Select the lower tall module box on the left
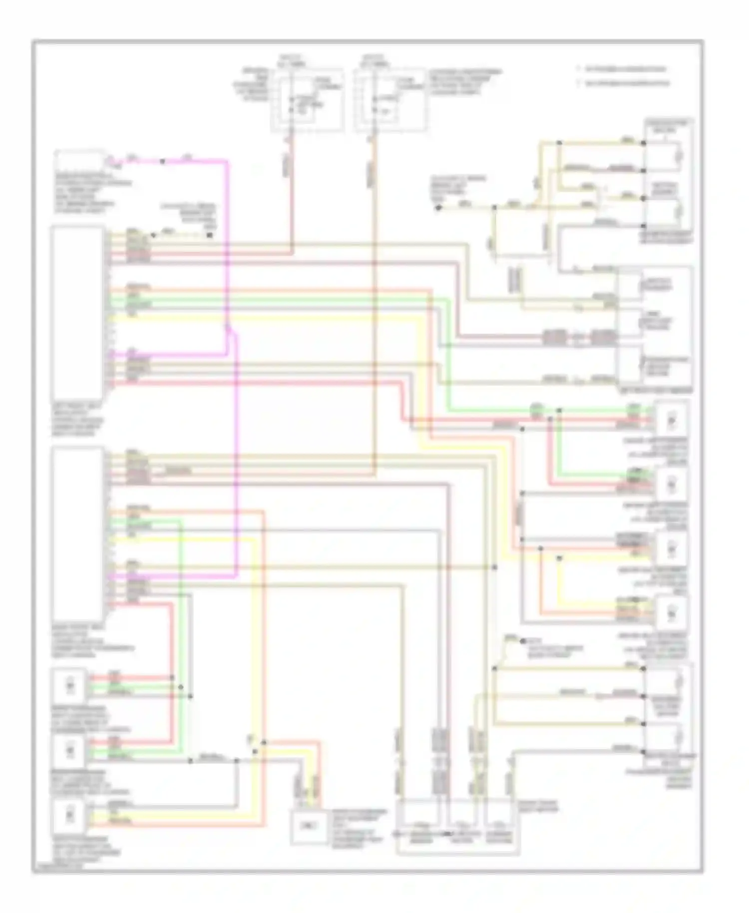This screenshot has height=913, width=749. click(77, 533)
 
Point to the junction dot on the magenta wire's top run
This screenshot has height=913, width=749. click(162, 161)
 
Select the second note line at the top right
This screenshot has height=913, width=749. click(625, 83)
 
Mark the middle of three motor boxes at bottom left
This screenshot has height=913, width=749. click(69, 750)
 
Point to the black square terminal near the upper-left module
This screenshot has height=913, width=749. click(210, 234)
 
